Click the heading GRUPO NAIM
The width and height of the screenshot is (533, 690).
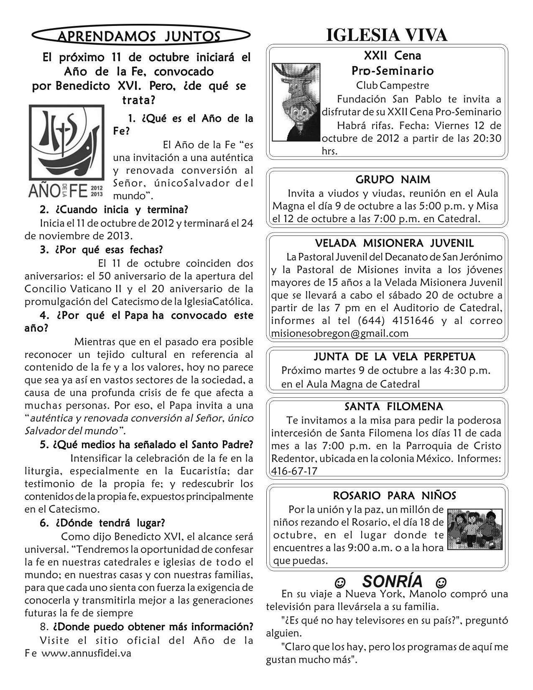tap(393, 180)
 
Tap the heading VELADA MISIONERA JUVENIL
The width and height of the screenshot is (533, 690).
tap(394, 243)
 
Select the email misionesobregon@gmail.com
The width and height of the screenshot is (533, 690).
tap(339, 333)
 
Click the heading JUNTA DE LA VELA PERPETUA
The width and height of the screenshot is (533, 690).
tap(394, 357)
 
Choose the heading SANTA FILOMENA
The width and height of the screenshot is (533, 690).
tap(394, 406)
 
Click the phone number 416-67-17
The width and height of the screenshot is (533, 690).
tap(294, 471)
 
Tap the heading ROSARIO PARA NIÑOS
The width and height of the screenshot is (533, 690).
tap(394, 496)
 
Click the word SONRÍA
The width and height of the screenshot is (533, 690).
tap(392, 581)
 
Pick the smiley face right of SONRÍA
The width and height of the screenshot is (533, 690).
tap(440, 582)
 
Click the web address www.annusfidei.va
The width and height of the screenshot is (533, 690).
tap(87, 653)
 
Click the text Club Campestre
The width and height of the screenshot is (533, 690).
tap(392, 85)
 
